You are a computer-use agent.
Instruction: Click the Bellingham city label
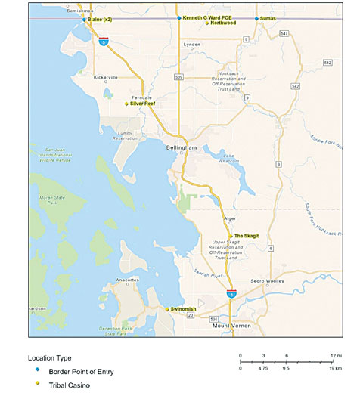tap(182, 148)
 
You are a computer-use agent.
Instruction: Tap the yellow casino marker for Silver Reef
tap(126, 104)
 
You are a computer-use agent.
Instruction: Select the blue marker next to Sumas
tap(256, 17)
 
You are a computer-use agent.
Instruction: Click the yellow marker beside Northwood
tap(206, 24)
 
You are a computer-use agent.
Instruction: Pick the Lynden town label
tap(192, 45)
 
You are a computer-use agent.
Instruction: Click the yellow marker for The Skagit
tap(230, 236)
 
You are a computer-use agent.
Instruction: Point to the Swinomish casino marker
tap(167, 309)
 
